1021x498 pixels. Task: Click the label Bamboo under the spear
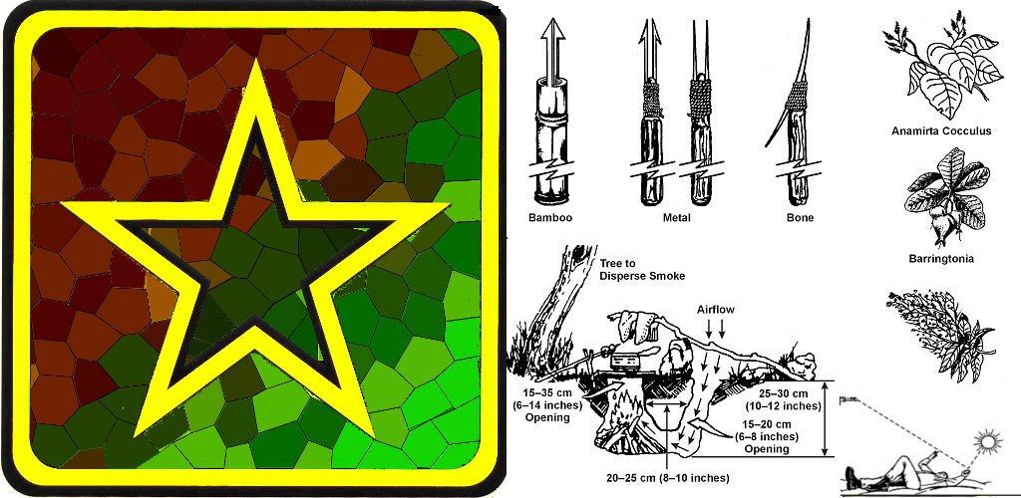tap(550, 218)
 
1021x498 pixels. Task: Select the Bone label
tap(800, 218)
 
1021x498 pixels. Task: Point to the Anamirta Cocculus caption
tap(941, 131)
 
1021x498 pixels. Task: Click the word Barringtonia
tap(941, 259)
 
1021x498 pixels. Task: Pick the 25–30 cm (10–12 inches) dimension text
tap(785, 400)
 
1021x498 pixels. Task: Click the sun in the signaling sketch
tap(988, 443)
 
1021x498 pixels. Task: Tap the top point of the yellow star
tap(255, 60)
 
